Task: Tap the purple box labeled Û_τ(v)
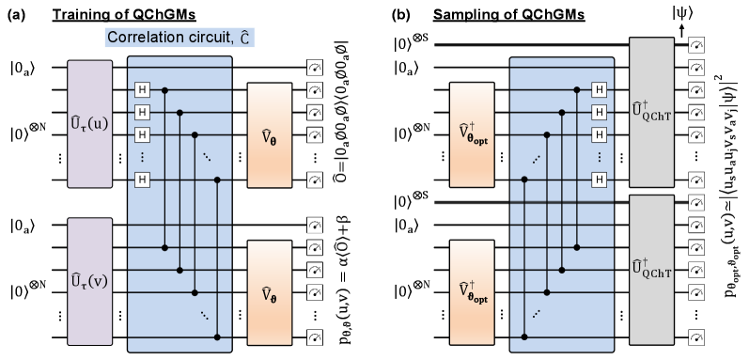point(89,280)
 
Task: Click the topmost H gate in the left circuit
point(143,89)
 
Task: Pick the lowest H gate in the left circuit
point(143,179)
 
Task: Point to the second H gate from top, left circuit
point(143,112)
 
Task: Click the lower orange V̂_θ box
point(270,293)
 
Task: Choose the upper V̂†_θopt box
point(472,134)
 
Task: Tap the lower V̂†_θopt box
point(472,292)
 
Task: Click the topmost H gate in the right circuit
point(599,89)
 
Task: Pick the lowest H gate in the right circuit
point(599,179)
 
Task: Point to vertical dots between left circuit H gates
point(143,156)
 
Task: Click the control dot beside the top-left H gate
point(165,89)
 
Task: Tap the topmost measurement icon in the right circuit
point(695,44)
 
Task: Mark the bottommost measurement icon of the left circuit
point(314,337)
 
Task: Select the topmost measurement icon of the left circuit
point(314,67)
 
